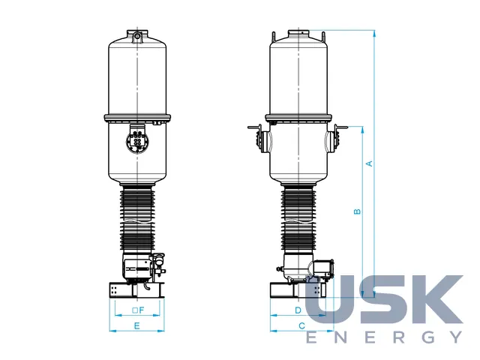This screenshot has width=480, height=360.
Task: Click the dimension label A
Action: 370,163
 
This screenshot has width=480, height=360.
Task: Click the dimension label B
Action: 357,211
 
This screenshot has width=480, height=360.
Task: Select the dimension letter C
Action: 301,325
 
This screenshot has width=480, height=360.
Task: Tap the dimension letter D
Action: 298,310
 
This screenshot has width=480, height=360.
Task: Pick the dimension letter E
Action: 136,325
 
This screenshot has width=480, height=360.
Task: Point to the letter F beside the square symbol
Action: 141,310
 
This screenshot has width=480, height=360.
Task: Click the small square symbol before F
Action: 135,310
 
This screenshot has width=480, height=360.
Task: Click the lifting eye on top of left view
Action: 137,37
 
